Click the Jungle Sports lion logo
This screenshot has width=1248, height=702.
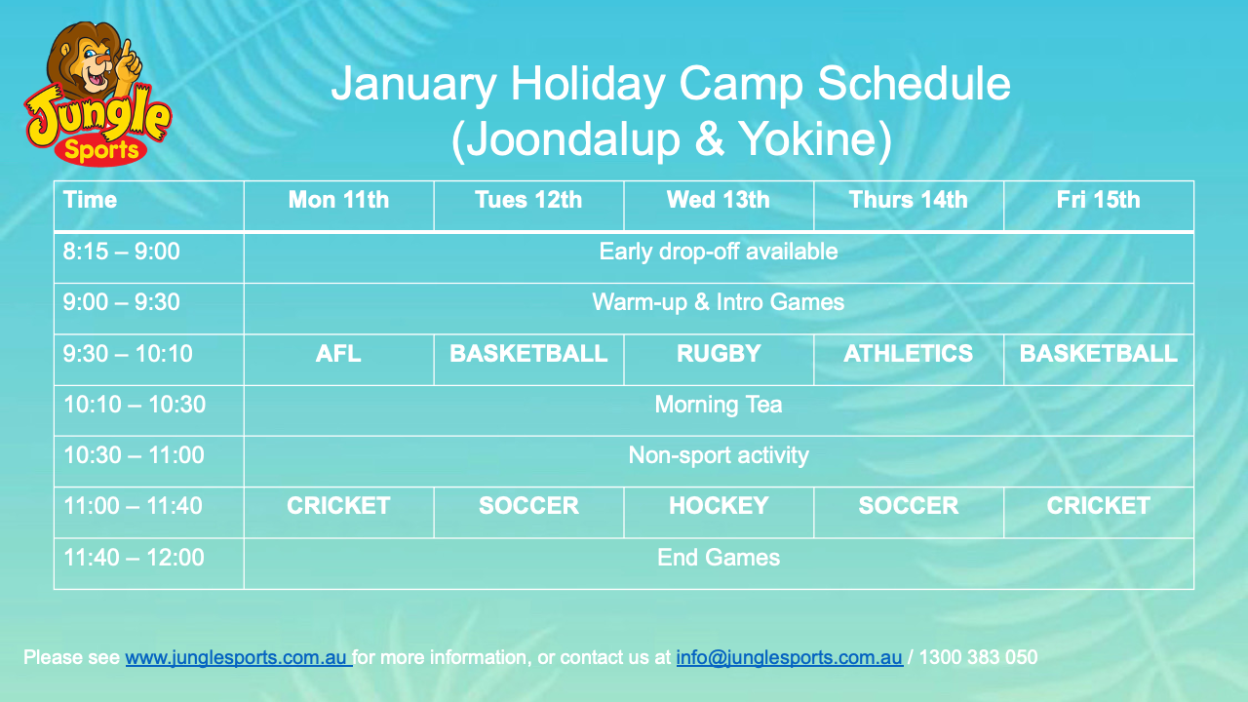coord(98,94)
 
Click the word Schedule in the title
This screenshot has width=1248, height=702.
coord(914,84)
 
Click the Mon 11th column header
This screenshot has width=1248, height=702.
coord(338,200)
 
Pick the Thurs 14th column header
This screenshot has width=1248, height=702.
coord(908,200)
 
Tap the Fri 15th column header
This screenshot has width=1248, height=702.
coord(1098,200)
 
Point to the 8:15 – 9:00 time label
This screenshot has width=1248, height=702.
coord(122,252)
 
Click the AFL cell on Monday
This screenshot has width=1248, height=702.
coord(338,353)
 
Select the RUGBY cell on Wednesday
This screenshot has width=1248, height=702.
coord(719,353)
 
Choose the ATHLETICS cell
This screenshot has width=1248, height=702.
coord(908,353)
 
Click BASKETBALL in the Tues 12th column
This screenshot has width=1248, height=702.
coord(528,353)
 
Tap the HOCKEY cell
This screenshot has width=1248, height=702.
coord(719,506)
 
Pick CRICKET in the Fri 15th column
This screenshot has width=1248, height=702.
coord(1098,506)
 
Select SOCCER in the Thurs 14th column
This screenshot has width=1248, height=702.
coord(908,506)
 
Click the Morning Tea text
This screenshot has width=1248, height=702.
coord(719,405)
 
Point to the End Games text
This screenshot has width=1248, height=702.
coord(719,557)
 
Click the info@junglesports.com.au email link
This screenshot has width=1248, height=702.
coord(789,657)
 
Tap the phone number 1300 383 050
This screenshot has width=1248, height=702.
coord(978,657)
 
